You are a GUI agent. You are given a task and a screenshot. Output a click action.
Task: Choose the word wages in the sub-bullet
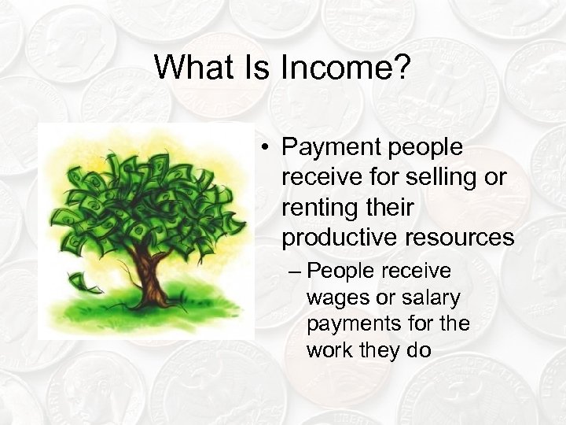332,298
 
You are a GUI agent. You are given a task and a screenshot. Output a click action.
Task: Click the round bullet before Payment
267,148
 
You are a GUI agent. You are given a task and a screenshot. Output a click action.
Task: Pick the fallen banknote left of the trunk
81,279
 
